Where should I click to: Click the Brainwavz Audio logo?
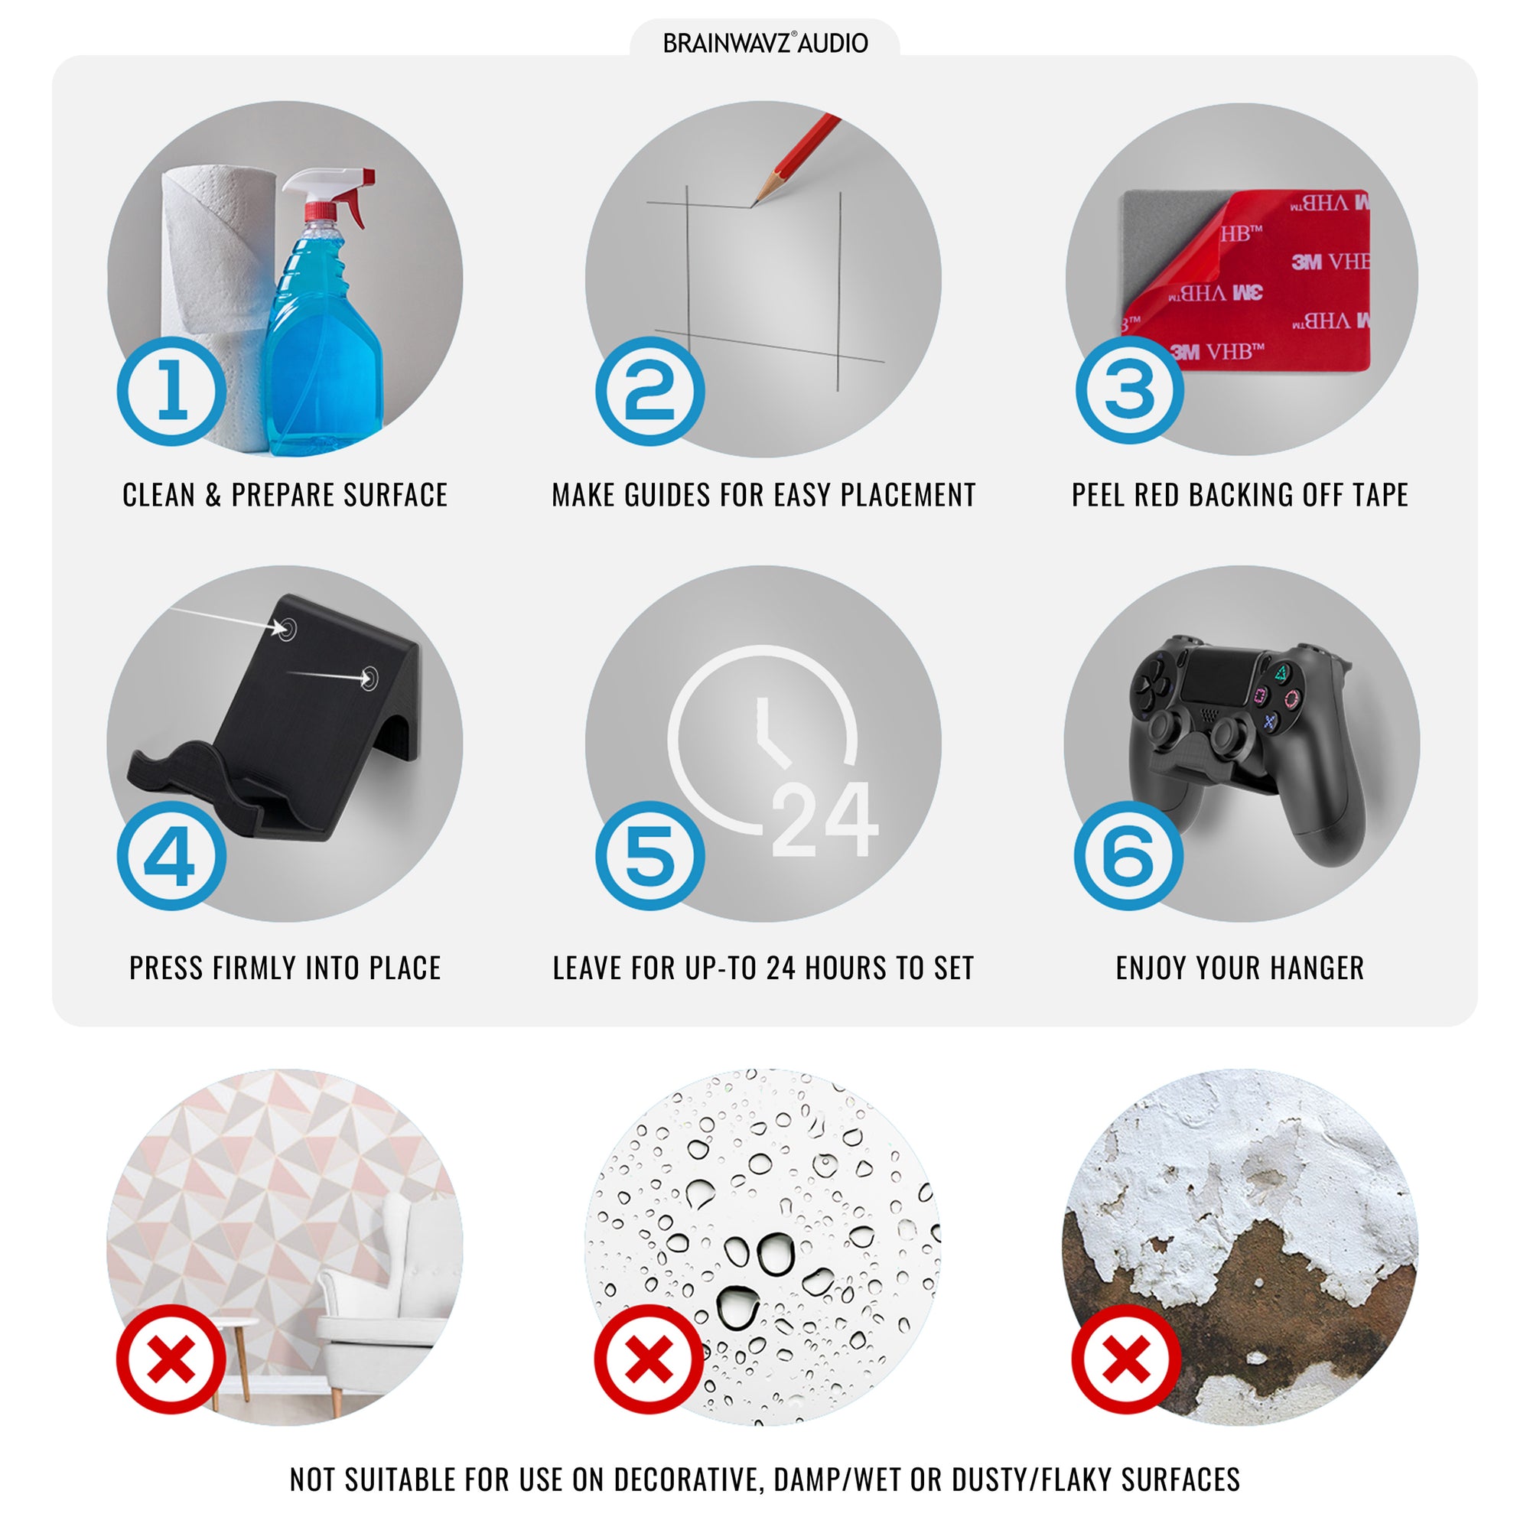pyautogui.click(x=765, y=43)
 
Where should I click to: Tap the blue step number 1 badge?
pyautogui.click(x=172, y=391)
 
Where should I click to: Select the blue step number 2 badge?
pyautogui.click(x=650, y=391)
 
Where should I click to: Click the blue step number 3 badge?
pyautogui.click(x=1129, y=389)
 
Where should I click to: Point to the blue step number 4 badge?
pyautogui.click(x=172, y=855)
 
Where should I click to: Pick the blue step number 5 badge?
pyautogui.click(x=650, y=855)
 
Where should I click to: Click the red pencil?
pyautogui.click(x=796, y=158)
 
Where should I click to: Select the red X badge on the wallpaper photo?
pyautogui.click(x=171, y=1359)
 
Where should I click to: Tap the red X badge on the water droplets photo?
pyautogui.click(x=649, y=1359)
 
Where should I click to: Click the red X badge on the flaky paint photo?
pyautogui.click(x=1126, y=1359)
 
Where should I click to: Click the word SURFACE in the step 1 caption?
pyautogui.click(x=396, y=495)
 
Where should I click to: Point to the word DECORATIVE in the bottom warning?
pyautogui.click(x=688, y=1480)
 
